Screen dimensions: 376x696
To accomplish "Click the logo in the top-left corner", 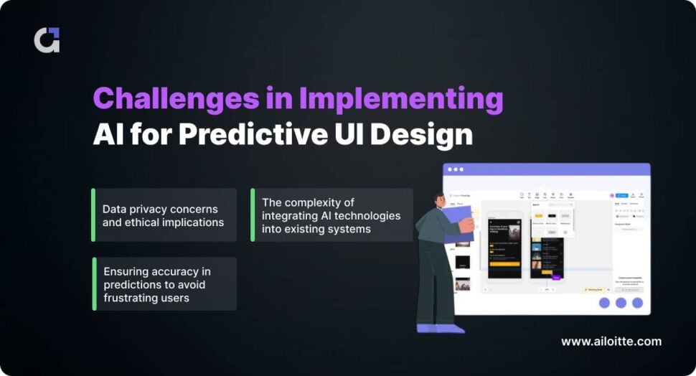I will [x=47, y=40].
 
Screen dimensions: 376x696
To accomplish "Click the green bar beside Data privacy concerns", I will [x=93, y=215].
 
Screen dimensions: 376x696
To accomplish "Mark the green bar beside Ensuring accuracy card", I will [x=94, y=284].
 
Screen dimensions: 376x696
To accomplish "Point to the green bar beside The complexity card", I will [x=253, y=215].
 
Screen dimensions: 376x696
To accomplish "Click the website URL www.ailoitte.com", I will [x=611, y=342].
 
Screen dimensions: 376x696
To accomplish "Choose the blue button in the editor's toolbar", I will [x=621, y=194].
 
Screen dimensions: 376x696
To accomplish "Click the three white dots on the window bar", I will [x=456, y=170].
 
